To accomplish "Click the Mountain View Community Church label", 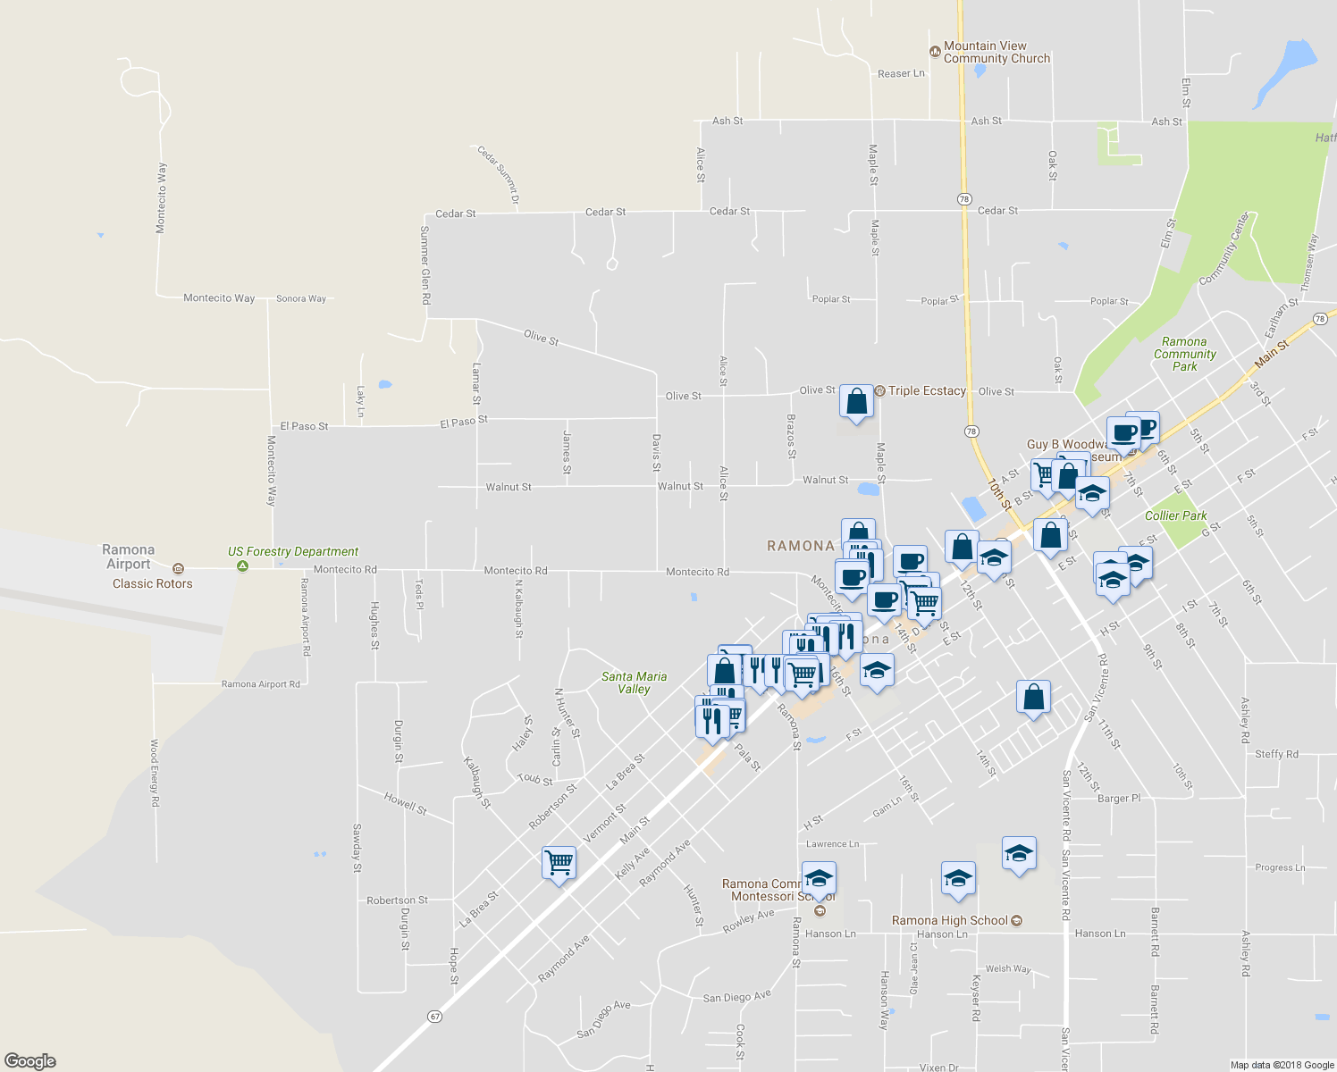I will [996, 52].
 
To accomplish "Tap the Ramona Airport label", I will [129, 557].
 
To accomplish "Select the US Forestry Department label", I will [293, 552].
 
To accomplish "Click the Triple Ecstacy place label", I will [927, 391].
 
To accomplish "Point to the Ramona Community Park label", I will [1184, 354].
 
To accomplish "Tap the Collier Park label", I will [1175, 515].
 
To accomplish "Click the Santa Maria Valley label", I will [634, 683].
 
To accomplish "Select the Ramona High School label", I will [950, 920].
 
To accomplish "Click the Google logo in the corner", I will [30, 1060].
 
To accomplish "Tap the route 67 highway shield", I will [435, 1017].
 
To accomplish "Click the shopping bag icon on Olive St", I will [856, 403].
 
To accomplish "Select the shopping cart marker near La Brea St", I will [559, 863].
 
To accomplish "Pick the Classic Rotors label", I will [152, 583].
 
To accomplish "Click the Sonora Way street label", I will [301, 298].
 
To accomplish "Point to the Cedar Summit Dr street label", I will [499, 175].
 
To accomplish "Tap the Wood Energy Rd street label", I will [155, 773].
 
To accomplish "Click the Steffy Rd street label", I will [1276, 754].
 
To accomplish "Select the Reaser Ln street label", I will [901, 74].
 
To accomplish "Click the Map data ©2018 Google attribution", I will [1281, 1065].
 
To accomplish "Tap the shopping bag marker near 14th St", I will [1033, 697].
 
